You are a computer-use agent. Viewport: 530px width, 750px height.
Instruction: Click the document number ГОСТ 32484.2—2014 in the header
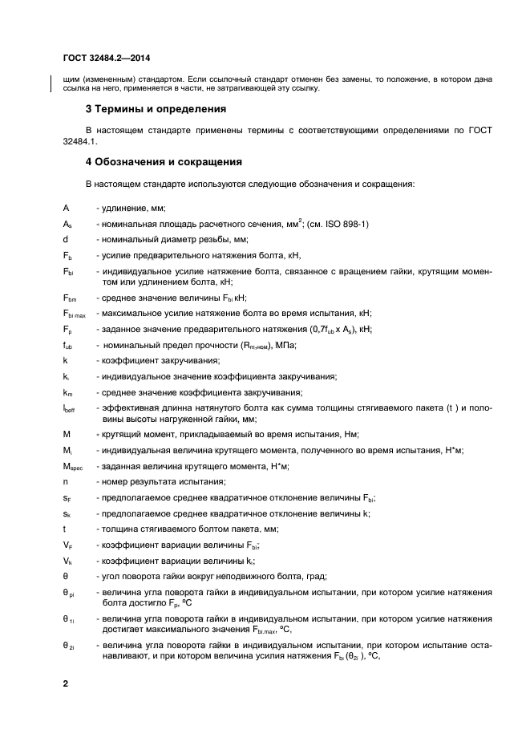[x=106, y=57]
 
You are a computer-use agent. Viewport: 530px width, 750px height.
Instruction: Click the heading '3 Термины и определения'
[x=156, y=108]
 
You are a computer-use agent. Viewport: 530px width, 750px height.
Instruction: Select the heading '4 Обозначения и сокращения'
[x=164, y=161]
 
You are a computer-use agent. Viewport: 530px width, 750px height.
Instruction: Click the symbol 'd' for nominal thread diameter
[x=65, y=239]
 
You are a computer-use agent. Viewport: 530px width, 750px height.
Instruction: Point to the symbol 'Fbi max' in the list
[x=75, y=313]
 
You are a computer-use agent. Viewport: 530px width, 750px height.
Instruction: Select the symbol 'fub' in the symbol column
[x=68, y=345]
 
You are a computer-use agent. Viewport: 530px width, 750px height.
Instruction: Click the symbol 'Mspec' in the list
[x=72, y=466]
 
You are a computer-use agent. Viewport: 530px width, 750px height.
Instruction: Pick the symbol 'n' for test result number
[x=65, y=481]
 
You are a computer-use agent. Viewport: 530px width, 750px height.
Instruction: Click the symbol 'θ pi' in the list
[x=69, y=593]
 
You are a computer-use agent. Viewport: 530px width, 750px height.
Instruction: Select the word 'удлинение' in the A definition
[x=119, y=208]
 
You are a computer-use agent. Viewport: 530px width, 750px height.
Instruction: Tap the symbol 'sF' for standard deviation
[x=67, y=497]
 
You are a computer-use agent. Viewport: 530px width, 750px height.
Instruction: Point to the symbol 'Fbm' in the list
[x=69, y=298]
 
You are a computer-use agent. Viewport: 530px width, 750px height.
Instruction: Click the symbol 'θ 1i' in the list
[x=69, y=619]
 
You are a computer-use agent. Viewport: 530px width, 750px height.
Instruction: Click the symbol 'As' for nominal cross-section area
[x=67, y=224]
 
